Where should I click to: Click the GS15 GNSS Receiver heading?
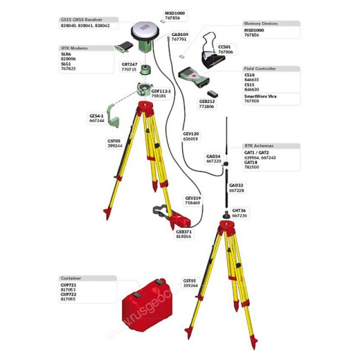tap(81, 19)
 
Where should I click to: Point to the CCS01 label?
tap(224, 47)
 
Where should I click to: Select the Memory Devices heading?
tap(261, 24)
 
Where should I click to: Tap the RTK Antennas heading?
tap(259, 146)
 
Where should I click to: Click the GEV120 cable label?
tap(191, 133)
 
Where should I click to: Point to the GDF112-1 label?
tap(161, 91)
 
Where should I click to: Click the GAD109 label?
tap(179, 34)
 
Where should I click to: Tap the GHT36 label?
tap(239, 210)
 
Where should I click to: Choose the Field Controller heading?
tap(260, 69)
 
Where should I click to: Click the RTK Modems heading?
tap(74, 48)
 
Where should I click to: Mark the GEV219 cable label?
tap(192, 198)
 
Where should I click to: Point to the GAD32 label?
tap(236, 185)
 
